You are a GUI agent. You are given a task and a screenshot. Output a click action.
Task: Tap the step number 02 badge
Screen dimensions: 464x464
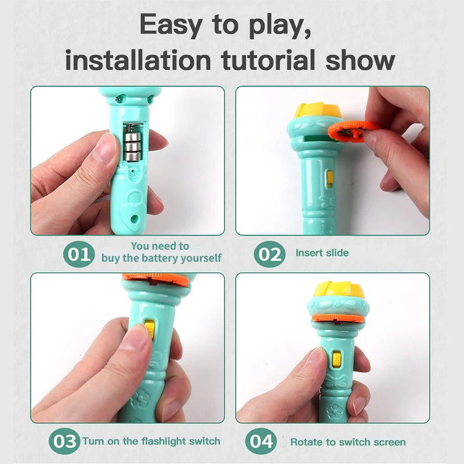[x=269, y=253]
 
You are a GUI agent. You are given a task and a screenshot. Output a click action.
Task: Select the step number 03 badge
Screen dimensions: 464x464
[x=64, y=441]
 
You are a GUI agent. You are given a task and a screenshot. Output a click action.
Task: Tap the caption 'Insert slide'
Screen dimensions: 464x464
[x=322, y=253]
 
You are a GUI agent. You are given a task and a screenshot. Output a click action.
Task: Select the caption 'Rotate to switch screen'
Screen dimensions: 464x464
[x=347, y=442]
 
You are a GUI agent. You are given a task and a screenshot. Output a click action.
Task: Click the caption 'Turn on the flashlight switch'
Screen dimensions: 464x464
[x=151, y=441]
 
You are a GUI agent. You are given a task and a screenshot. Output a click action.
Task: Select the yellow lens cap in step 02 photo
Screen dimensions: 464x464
[x=317, y=110]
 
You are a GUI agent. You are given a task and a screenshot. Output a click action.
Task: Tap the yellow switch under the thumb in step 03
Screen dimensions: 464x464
[x=150, y=328]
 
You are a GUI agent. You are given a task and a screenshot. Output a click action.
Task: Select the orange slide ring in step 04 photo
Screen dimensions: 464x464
[x=338, y=318]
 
